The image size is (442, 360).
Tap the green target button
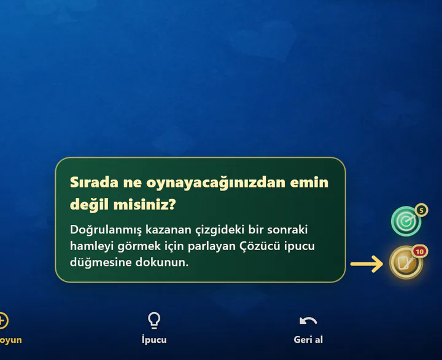[406, 221]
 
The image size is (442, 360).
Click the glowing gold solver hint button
[406, 262]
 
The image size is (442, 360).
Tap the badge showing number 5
[421, 211]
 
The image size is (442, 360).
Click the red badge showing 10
[420, 251]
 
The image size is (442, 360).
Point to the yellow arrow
[366, 264]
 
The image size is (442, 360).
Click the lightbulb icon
[154, 321]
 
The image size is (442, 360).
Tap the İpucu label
[154, 339]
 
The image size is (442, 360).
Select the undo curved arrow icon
[308, 321]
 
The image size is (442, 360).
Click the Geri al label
[308, 339]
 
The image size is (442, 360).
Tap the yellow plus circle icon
[2, 321]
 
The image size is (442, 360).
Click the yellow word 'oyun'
[10, 340]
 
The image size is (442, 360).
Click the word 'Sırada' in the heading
[94, 182]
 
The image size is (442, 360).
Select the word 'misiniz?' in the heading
[145, 204]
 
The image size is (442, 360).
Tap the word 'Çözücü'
[260, 246]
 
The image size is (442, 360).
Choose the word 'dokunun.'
[162, 262]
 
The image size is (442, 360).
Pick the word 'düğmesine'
[101, 262]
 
